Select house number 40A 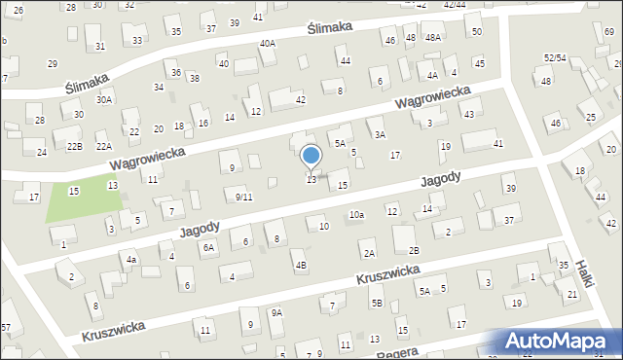click(x=268, y=44)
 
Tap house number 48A click(x=432, y=38)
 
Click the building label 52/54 click(x=555, y=59)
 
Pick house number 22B click(x=74, y=146)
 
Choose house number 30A click(x=104, y=100)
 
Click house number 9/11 click(x=244, y=197)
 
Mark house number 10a click(x=356, y=215)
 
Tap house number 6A click(x=208, y=248)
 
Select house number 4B click(x=301, y=266)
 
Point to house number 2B click(x=414, y=252)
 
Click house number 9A click(x=276, y=312)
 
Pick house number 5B click(x=376, y=304)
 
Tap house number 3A click(x=381, y=134)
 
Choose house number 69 click(x=609, y=33)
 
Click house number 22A click(x=104, y=146)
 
